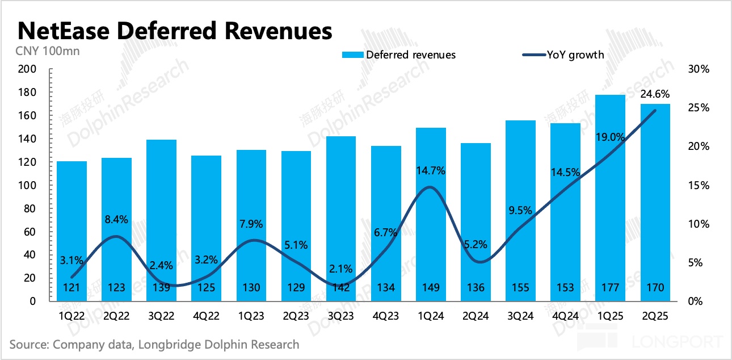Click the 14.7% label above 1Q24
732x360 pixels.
(x=431, y=170)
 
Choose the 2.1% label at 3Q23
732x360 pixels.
(x=340, y=269)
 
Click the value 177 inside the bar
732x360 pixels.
(x=611, y=288)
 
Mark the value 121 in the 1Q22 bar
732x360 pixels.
(x=71, y=288)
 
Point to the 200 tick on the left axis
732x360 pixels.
(x=27, y=69)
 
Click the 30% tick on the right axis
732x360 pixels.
(x=698, y=69)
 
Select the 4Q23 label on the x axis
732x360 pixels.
(x=386, y=316)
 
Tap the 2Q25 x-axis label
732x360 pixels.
(x=655, y=316)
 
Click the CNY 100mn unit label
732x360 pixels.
(x=47, y=51)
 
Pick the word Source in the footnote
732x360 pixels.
(x=29, y=344)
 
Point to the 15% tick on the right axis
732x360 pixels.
(x=698, y=185)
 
